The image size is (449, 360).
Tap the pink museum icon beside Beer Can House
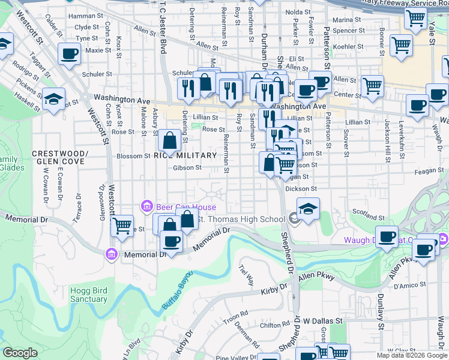click(146, 207)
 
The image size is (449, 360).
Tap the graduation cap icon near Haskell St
click(53, 98)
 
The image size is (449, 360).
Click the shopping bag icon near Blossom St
click(170, 140)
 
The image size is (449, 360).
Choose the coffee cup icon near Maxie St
click(69, 53)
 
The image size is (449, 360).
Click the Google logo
click(20, 353)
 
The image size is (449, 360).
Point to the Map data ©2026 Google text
click(411, 355)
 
